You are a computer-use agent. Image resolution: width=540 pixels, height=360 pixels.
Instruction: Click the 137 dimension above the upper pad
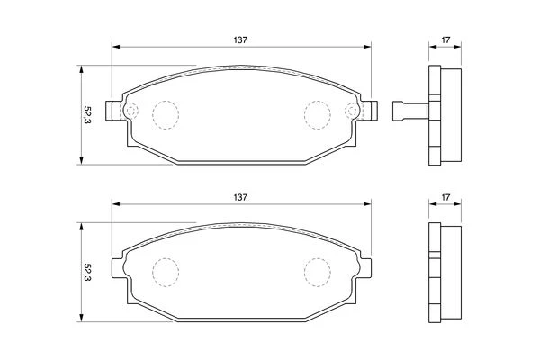point(240,40)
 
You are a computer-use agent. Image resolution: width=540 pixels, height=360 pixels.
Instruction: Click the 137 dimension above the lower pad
point(240,198)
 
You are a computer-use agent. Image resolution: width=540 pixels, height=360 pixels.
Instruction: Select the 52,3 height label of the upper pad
point(87,115)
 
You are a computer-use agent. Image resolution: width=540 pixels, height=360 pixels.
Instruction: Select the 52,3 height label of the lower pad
point(87,273)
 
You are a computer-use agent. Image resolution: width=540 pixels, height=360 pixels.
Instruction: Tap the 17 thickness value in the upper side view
point(445,40)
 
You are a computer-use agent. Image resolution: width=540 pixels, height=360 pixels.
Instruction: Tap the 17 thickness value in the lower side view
point(445,197)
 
